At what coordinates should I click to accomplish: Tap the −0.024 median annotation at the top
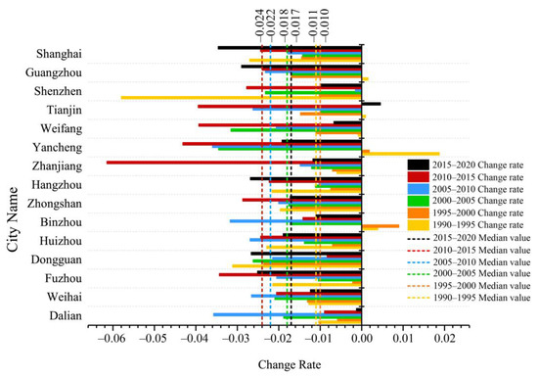pyautogui.click(x=261, y=23)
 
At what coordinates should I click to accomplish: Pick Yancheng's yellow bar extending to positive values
pyautogui.click(x=401, y=154)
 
